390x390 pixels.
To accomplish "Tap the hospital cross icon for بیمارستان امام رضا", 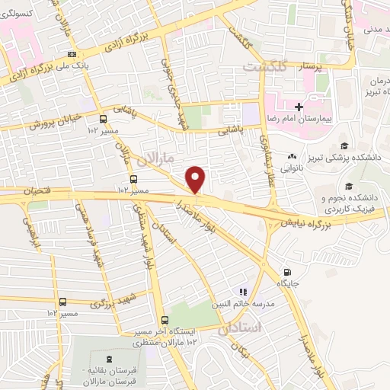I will point(299,107).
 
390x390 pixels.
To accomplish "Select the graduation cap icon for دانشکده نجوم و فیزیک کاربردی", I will point(349,187).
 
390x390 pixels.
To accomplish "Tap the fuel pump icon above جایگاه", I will point(287,272).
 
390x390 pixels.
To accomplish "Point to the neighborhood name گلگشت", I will point(264,67).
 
